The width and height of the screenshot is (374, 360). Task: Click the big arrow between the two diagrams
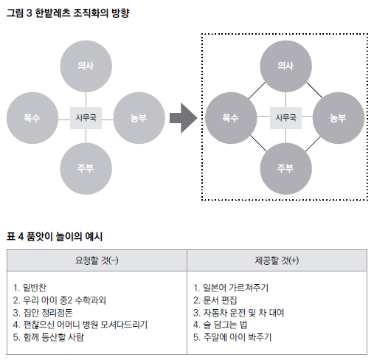pos(183,118)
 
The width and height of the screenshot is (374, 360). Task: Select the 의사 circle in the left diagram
pos(86,66)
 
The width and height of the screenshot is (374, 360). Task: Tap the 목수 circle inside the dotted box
pos(231,118)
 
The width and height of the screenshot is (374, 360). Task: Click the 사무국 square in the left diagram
pos(86,118)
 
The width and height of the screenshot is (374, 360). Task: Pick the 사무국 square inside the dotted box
pos(285,118)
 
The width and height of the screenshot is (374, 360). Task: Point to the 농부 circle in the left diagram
pos(139,118)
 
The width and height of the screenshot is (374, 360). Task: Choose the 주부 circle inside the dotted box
pos(286,169)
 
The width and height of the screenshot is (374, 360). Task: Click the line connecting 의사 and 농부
pos(314,90)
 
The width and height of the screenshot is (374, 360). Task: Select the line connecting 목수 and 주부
pos(258,143)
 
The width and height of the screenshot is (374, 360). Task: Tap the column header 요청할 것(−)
pos(97,260)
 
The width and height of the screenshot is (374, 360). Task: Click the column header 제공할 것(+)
pos(277,260)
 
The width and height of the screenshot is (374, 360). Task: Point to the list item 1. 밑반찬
pos(30,288)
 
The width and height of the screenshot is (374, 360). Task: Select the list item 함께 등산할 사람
pos(53,337)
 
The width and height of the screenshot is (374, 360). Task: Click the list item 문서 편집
pos(220,300)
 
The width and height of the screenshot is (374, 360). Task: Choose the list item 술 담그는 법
pos(225,325)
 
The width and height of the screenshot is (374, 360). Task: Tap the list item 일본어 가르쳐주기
pos(235,288)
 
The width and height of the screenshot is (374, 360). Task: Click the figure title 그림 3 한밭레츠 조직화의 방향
pos(68,13)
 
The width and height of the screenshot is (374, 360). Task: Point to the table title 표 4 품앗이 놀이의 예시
pos(55,237)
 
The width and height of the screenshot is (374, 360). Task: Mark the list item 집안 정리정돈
pos(48,313)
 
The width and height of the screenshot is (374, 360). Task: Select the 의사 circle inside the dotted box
pos(286,66)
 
